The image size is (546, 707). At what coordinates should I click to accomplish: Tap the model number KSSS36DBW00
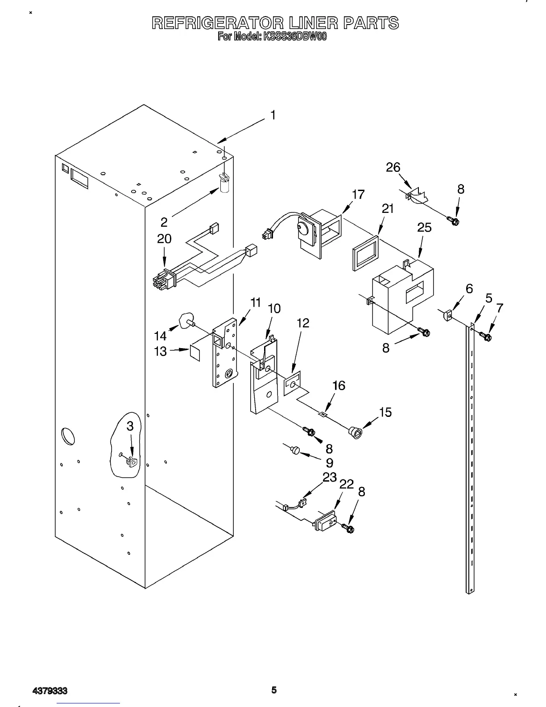(295, 37)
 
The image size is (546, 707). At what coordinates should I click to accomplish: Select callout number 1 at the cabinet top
(273, 115)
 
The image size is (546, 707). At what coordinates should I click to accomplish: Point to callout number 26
(393, 167)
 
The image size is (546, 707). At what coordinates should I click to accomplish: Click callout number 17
(358, 195)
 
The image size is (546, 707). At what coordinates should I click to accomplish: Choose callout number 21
(388, 208)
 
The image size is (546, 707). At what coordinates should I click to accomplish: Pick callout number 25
(424, 228)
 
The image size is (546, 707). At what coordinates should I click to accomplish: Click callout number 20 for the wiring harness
(164, 239)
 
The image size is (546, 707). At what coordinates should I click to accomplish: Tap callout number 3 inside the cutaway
(130, 426)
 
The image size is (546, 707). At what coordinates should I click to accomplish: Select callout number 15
(385, 412)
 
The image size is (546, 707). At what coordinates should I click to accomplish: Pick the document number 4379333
(50, 691)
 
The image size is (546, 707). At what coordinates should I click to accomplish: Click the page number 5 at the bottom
(274, 690)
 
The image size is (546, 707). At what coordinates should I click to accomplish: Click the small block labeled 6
(449, 316)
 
